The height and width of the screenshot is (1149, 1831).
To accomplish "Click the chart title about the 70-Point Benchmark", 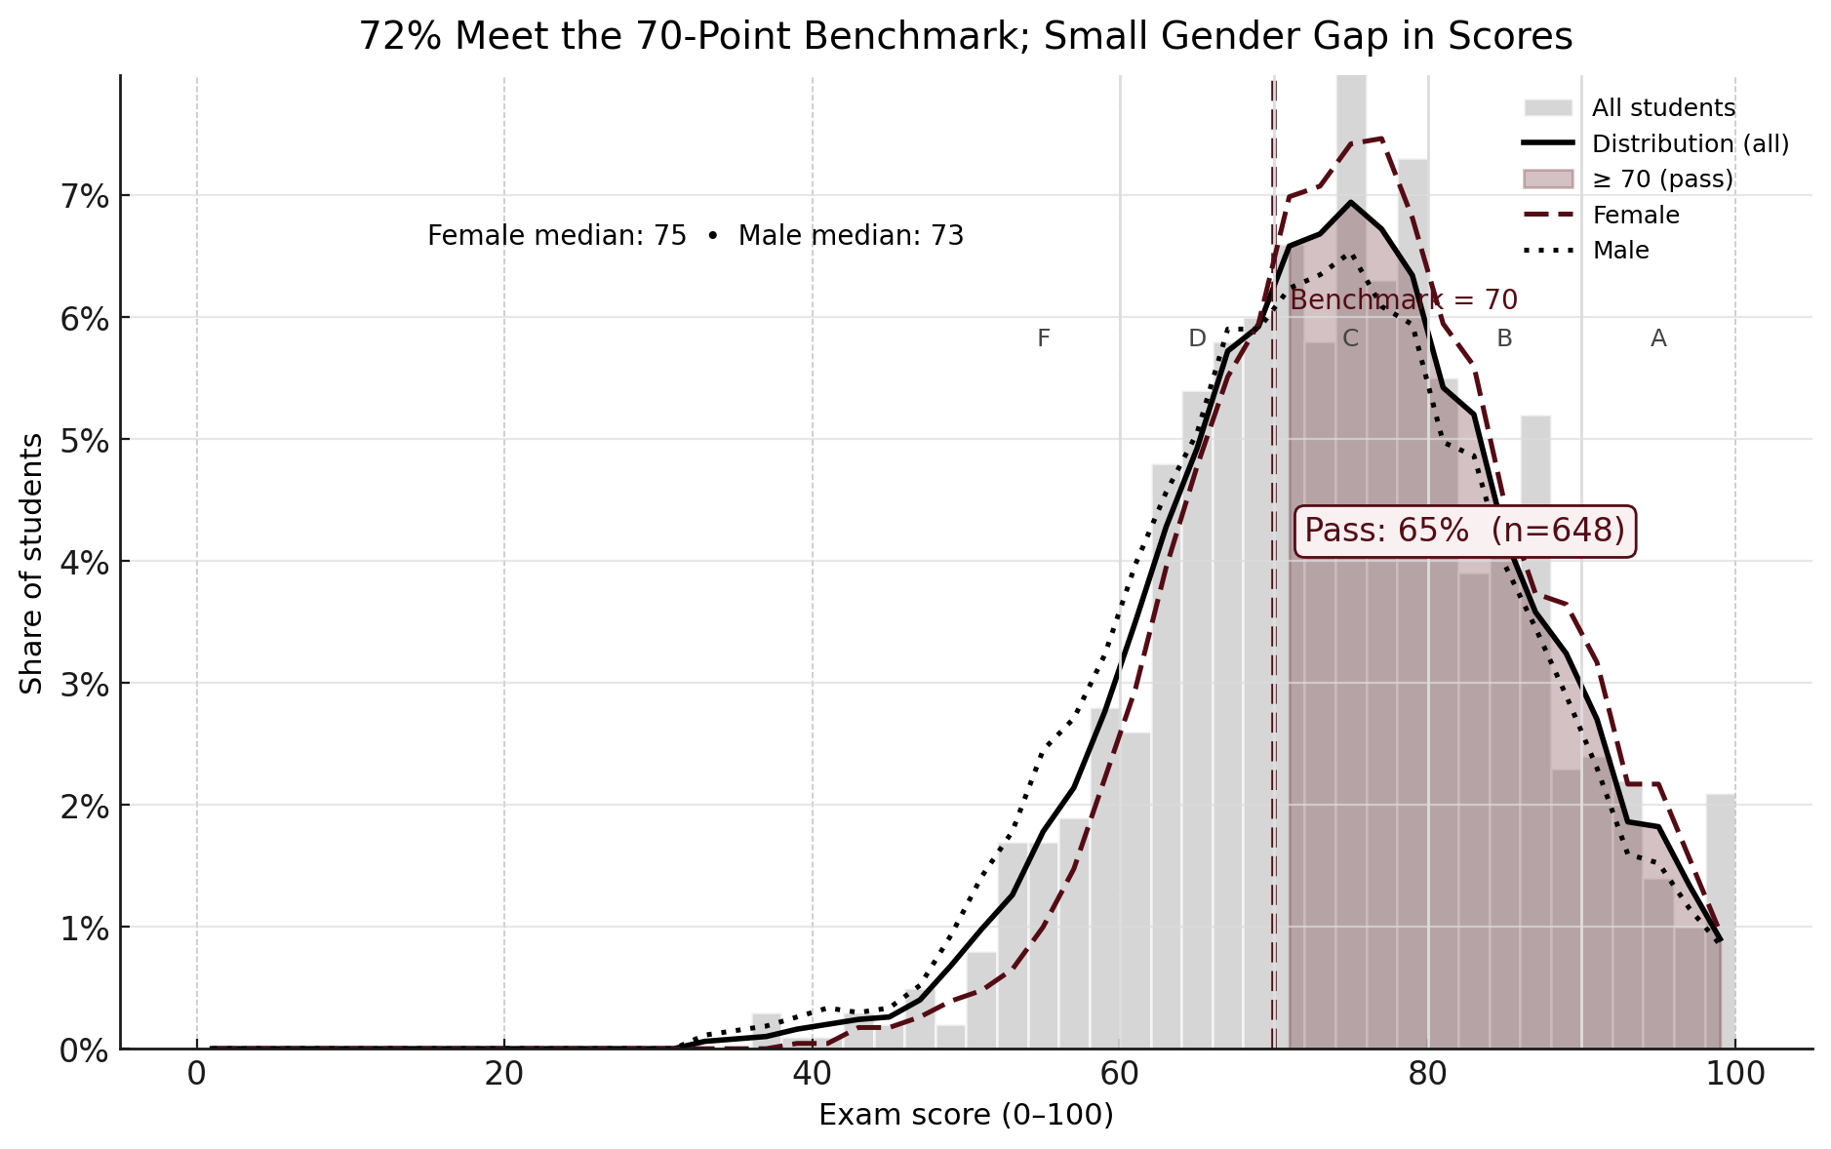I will pos(965,37).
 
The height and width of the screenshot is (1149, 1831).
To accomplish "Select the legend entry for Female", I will pos(1635,215).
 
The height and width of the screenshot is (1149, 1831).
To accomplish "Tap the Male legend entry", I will pos(1620,251).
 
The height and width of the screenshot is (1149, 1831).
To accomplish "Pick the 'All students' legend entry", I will pos(1662,107).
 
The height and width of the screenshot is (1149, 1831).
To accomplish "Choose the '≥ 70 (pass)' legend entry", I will pos(1662,179).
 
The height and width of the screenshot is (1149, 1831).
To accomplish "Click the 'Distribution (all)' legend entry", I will pos(1690,143).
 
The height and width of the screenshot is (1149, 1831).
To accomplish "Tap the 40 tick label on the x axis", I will pos(812,1075).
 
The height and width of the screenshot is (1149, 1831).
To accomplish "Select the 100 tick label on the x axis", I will pos(1734,1075).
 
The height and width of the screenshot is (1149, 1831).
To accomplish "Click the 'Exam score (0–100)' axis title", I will pos(965,1115).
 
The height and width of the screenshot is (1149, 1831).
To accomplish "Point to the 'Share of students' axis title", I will pos(32,563).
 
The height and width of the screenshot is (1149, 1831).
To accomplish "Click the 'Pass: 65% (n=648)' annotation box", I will pos(1464,531).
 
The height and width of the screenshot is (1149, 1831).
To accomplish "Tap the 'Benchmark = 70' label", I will pos(1403,299).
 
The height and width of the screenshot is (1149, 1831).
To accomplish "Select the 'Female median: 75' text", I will pos(556,236).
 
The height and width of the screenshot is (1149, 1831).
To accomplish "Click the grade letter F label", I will pos(1043,338).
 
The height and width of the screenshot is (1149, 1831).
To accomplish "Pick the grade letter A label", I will pos(1657,338).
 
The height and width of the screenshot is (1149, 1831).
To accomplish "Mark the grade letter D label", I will pos(1197,338).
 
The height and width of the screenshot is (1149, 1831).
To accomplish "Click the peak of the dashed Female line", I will pos(1380,139).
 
